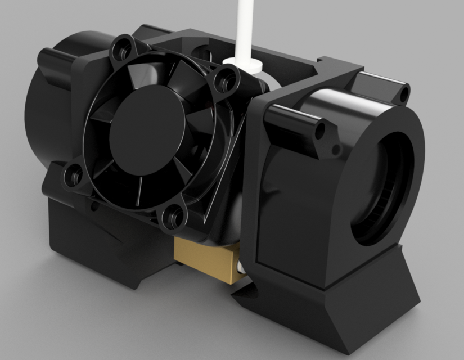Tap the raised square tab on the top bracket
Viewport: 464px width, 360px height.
pos(337,65)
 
